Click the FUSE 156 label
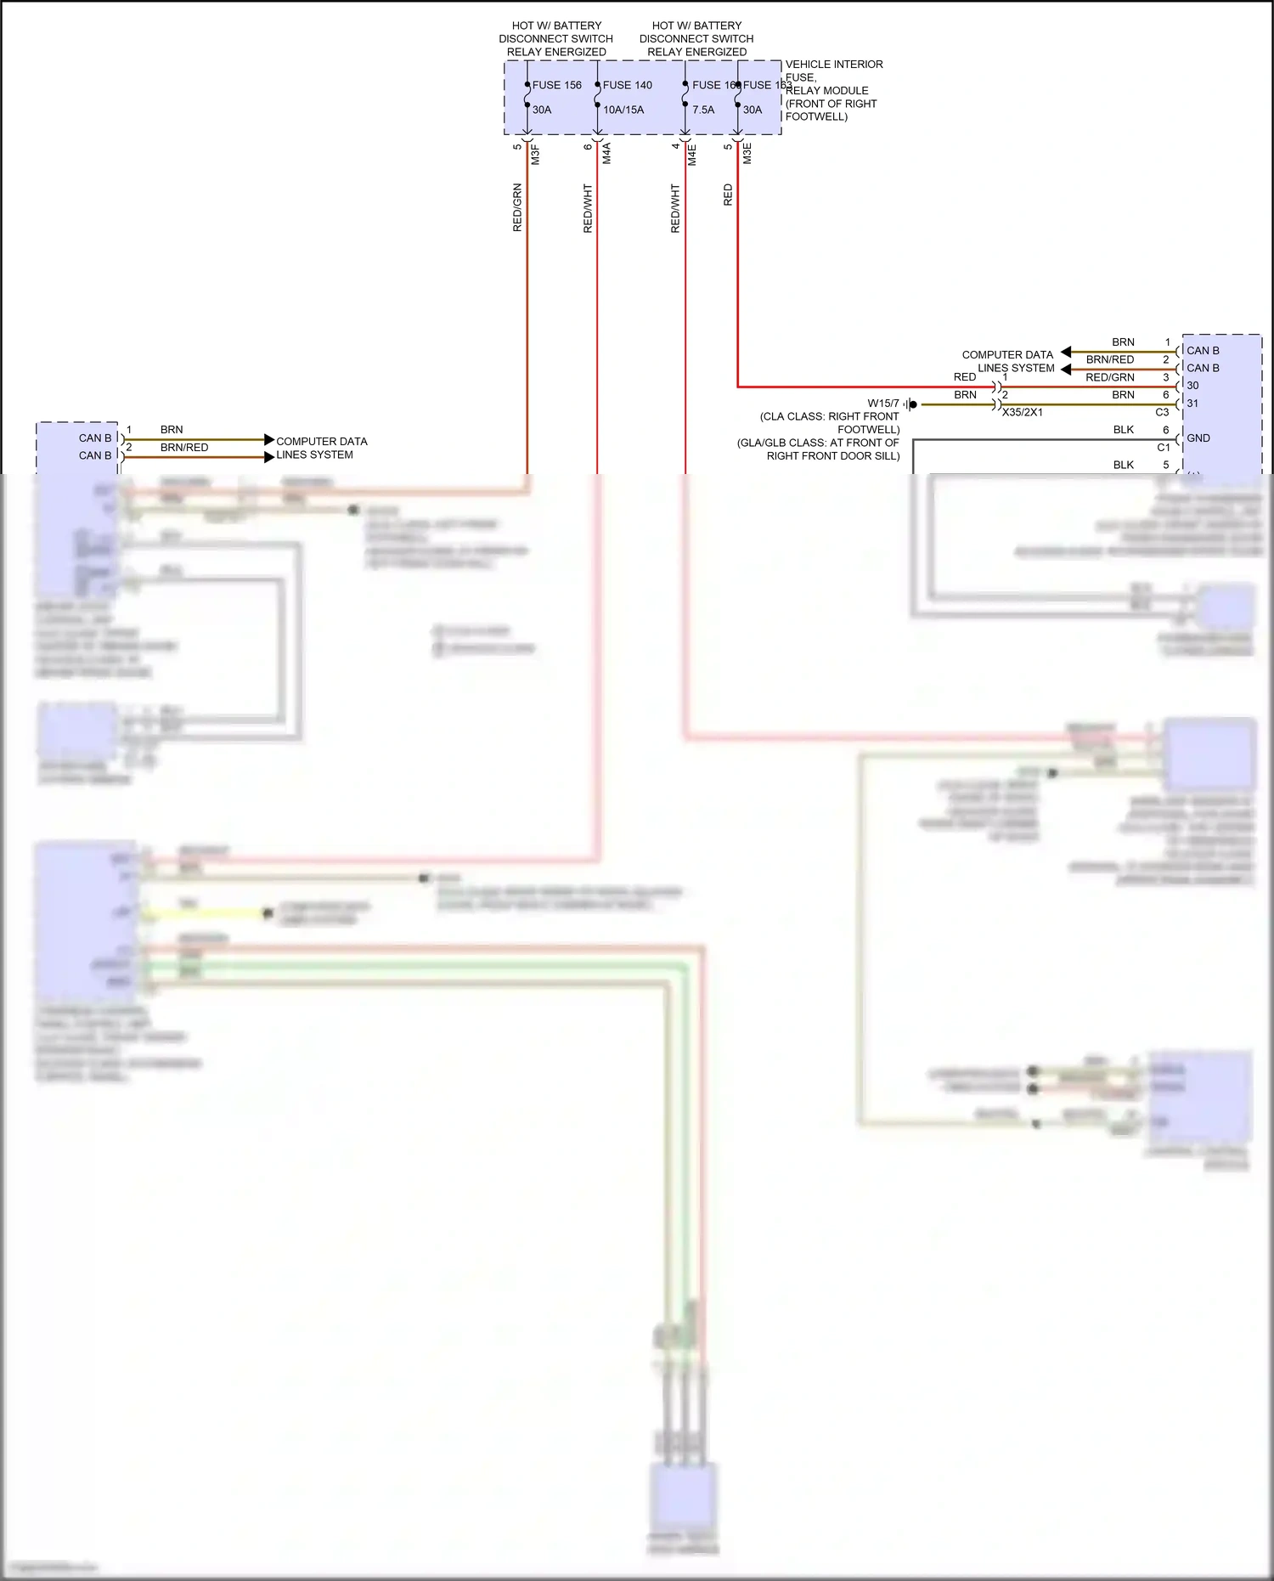coord(556,85)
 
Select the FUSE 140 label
coord(627,85)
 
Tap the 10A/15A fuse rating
coord(623,110)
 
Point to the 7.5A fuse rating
coord(702,110)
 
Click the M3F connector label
coord(536,155)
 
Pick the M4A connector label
coord(606,154)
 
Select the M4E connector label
coord(692,155)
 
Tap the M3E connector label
coord(747,154)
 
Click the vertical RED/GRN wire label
coord(517,208)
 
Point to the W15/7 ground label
coord(882,404)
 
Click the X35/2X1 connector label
coord(1022,413)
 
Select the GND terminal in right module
coord(1198,438)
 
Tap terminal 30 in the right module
coord(1192,386)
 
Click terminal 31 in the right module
coord(1192,404)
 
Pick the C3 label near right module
coord(1162,413)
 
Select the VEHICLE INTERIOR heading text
coord(833,65)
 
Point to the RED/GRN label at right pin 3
coord(1109,377)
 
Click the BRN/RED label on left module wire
coord(183,448)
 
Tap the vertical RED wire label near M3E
coord(728,195)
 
